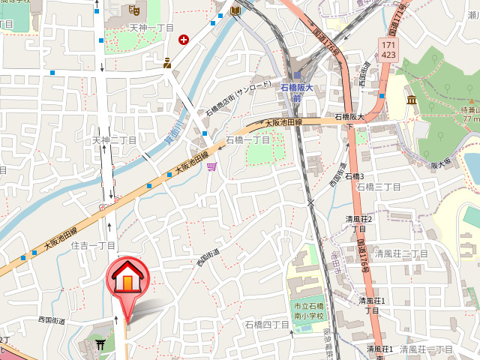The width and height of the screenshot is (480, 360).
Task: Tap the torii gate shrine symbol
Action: [100, 343]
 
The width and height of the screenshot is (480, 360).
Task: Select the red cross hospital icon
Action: [184, 39]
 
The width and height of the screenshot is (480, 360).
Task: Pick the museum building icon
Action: [412, 100]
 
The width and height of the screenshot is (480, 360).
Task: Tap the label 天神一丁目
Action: [151, 27]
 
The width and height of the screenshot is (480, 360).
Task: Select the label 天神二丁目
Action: [114, 140]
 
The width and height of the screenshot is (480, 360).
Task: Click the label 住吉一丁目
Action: [93, 245]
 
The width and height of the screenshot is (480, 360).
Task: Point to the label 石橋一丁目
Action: [248, 139]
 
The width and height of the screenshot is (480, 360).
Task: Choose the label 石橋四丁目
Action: [267, 325]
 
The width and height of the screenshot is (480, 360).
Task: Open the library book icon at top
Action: [236, 10]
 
